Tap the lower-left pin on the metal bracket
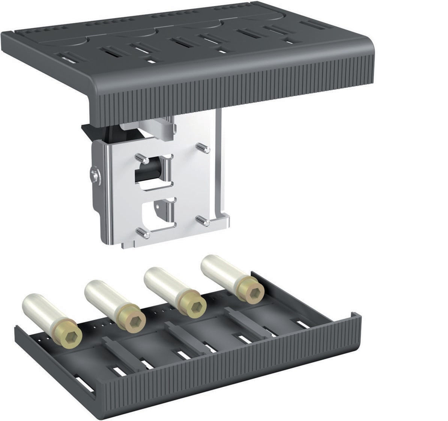click(x=143, y=233)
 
